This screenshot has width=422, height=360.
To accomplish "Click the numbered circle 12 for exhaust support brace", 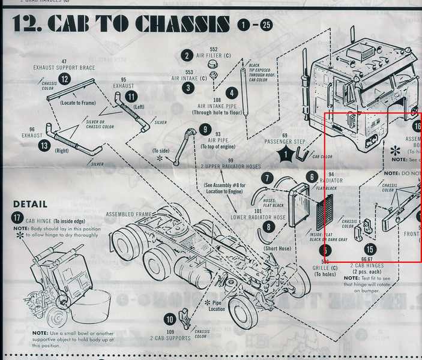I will tap(64, 79).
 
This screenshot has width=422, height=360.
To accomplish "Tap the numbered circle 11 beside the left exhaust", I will tap(131, 96).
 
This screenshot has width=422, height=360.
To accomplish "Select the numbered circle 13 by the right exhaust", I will tap(44, 145).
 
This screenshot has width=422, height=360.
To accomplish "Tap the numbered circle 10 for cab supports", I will tap(170, 320).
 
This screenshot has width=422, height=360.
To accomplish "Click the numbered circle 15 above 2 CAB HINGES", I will tap(370, 248).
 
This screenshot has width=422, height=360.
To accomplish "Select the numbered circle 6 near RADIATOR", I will tap(312, 177).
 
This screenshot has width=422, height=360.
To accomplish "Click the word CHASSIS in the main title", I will tap(182, 24).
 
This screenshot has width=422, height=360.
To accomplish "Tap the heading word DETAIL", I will tap(30, 204).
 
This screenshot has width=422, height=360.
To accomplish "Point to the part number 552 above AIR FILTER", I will tap(213, 48).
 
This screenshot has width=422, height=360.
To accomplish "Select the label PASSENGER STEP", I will tap(284, 140).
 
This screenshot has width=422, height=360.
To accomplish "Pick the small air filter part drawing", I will tap(212, 63).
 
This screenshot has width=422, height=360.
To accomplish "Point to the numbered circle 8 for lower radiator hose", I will tap(268, 227).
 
